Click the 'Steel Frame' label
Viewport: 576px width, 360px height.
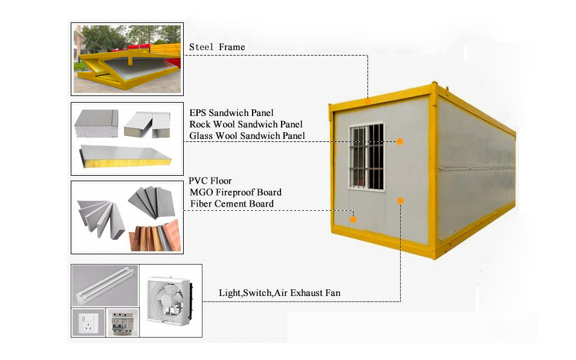[x=217, y=47]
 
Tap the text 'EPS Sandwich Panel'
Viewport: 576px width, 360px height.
[x=231, y=113]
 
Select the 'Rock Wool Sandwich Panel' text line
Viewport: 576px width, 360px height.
[x=246, y=124]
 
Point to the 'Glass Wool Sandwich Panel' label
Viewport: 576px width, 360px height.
[x=247, y=136]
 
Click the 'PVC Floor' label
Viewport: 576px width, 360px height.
[x=210, y=181]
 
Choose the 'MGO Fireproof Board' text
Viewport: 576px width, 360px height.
[x=236, y=192]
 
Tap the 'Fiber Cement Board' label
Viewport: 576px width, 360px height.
[x=232, y=204]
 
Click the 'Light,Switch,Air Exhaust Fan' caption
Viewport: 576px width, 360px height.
[x=280, y=293]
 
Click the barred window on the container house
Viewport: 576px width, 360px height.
[x=367, y=156]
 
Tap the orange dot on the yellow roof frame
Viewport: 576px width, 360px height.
[x=367, y=101]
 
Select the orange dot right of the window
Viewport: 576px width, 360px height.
[x=400, y=141]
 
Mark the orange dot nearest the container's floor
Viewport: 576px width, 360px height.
[x=353, y=219]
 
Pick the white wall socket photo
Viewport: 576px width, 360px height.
[x=88, y=323]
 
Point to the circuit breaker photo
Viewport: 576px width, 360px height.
[x=123, y=323]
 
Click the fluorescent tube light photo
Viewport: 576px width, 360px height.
[x=105, y=286]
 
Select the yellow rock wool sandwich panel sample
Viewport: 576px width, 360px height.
[x=126, y=156]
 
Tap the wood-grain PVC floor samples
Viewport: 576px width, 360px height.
[x=155, y=236]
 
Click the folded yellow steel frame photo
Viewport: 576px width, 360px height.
[x=127, y=59]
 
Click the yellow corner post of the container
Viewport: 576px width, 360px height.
[x=434, y=171]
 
